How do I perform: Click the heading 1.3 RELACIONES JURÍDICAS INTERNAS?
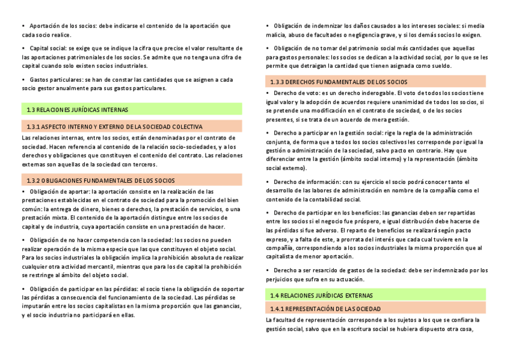pos(77,109)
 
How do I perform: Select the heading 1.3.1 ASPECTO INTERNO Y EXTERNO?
pos(114,127)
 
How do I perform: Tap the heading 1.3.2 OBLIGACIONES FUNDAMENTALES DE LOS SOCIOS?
pos(100,180)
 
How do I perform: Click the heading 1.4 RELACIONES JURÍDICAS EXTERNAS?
pos(321,296)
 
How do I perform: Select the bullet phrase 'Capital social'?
pos(48,47)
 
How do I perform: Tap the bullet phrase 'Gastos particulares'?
pos(56,79)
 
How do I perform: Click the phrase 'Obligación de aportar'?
pos(58,192)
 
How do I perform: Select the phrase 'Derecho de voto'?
pos(295,93)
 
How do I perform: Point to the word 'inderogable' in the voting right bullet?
pos(376,93)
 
